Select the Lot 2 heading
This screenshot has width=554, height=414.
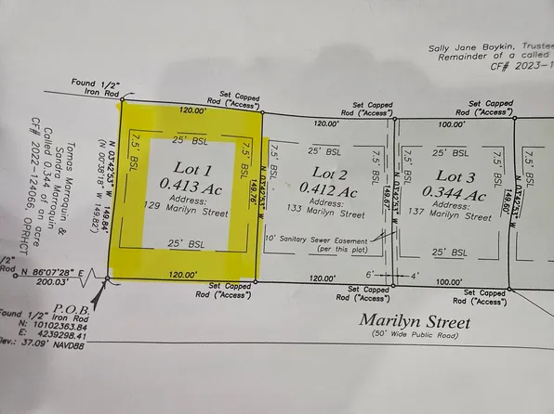pyautogui.click(x=330, y=174)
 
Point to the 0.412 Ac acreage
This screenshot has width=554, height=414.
pyautogui.click(x=333, y=191)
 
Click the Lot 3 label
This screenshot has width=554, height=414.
pyautogui.click(x=461, y=176)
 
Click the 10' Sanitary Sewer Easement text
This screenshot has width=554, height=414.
pyautogui.click(x=326, y=239)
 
